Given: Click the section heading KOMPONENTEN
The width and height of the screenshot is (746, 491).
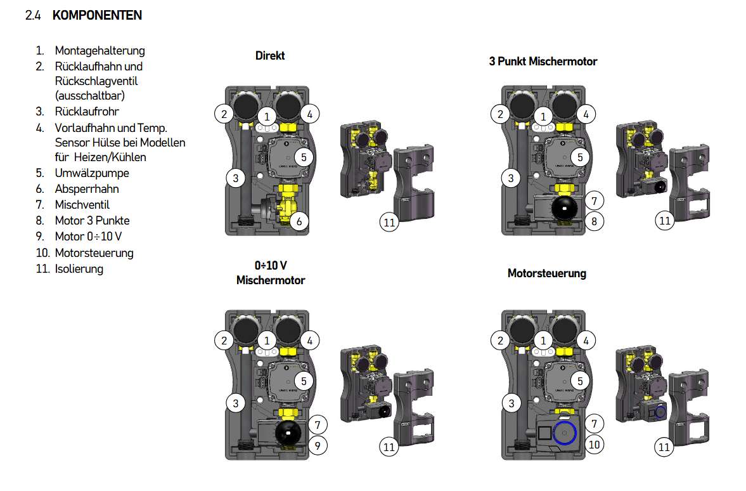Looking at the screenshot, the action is [x=97, y=15].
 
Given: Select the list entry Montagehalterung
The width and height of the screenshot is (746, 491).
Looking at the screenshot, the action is [x=100, y=51].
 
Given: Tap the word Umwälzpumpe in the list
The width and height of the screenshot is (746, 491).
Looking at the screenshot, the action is [x=92, y=173].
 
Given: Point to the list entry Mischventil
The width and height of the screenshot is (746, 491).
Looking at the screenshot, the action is [x=82, y=205].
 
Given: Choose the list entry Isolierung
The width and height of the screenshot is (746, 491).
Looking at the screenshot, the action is [x=79, y=268].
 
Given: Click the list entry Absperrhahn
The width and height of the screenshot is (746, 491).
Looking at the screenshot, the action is [x=87, y=189].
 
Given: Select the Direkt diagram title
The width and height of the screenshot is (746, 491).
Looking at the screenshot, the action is [x=270, y=56].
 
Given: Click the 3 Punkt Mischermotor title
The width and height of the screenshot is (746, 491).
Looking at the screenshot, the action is [x=543, y=62].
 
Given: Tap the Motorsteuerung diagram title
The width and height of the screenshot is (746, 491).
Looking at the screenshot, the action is [x=546, y=273].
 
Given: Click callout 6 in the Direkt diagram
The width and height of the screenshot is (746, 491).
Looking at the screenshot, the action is [x=299, y=221].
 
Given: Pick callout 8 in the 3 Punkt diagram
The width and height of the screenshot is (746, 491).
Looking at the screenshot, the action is [x=595, y=221].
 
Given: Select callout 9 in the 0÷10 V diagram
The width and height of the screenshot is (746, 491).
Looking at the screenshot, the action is [x=318, y=446].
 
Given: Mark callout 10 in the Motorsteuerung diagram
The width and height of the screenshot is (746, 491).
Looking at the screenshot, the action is [x=595, y=445].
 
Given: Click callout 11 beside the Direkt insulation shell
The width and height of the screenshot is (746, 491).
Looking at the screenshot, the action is [x=389, y=223].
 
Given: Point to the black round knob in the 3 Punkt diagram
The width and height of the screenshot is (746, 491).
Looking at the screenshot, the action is [x=564, y=209].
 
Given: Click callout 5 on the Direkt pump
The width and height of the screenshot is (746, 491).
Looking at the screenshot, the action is [x=304, y=157].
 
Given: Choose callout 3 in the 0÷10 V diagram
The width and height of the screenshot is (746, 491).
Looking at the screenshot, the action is [x=236, y=403].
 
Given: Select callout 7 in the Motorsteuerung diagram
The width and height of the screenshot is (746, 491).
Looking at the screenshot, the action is [x=595, y=424].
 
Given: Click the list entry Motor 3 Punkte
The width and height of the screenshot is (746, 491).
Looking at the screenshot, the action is [x=93, y=221].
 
